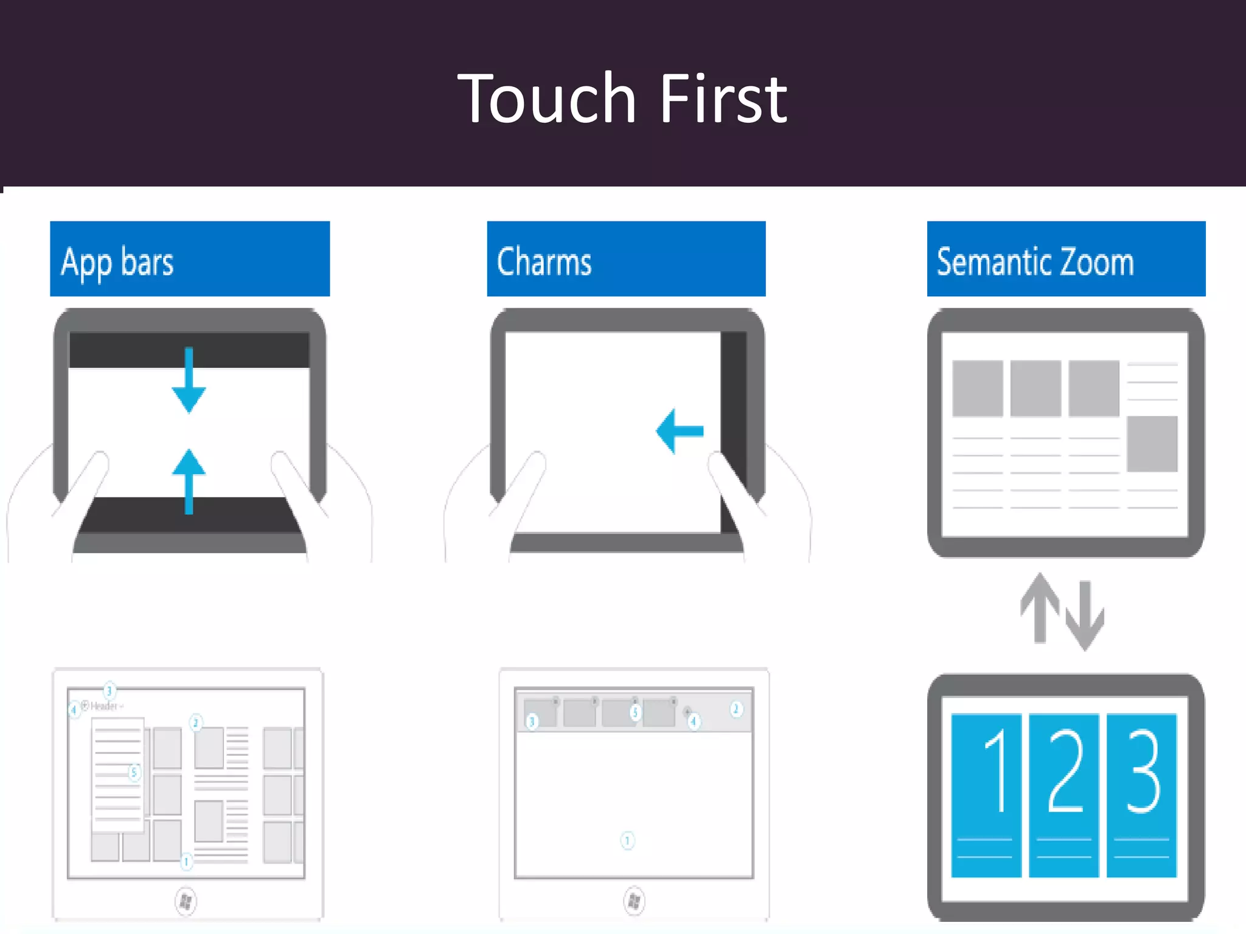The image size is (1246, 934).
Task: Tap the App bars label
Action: coord(117,262)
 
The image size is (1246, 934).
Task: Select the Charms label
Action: coord(544,262)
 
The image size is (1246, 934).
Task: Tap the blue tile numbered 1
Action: coord(986,795)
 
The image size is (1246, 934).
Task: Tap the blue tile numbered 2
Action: coord(1063,795)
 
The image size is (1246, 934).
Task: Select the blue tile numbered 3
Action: coord(1141,795)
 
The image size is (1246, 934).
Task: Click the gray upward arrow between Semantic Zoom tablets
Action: coord(1040,608)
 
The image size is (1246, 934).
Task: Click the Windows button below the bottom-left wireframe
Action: coord(186,901)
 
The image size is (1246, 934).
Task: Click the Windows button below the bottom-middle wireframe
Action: coord(633,901)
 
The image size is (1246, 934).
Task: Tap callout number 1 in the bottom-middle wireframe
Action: coord(627,840)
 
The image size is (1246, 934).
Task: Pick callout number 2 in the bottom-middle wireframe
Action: coord(736,709)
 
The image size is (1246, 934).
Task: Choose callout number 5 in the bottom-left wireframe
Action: coord(134,772)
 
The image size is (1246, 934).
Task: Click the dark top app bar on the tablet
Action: coord(122,350)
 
